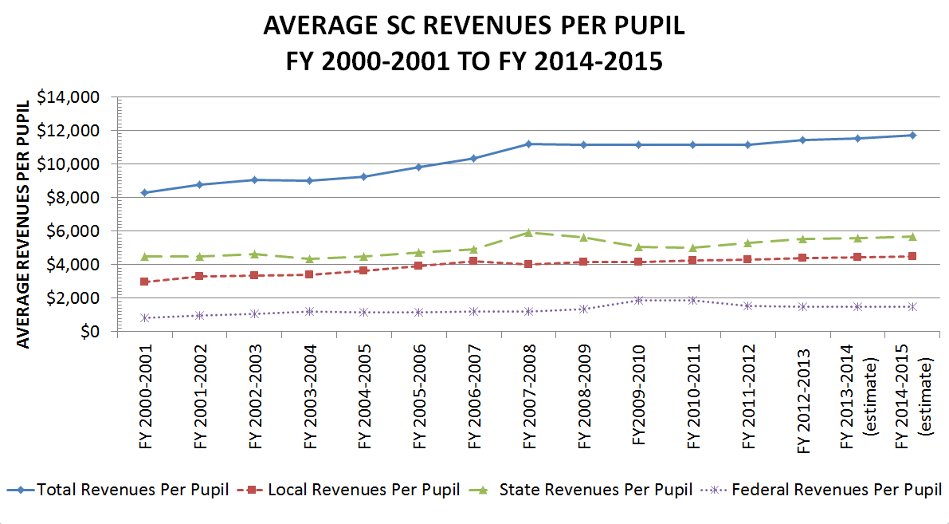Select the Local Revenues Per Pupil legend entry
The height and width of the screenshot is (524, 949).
pyautogui.click(x=351, y=490)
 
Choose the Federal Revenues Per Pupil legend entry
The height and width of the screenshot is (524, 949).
pyautogui.click(x=822, y=490)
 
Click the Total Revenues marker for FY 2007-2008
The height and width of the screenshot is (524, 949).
pyautogui.click(x=528, y=144)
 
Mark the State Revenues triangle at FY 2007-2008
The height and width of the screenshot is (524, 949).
pyautogui.click(x=528, y=232)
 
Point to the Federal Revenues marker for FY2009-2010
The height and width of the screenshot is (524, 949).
pyautogui.click(x=638, y=300)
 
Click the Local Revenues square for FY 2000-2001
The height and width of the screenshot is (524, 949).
pyautogui.click(x=144, y=282)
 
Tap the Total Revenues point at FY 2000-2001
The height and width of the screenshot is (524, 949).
pyautogui.click(x=144, y=192)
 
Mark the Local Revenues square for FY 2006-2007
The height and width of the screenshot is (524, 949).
pyautogui.click(x=473, y=261)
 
